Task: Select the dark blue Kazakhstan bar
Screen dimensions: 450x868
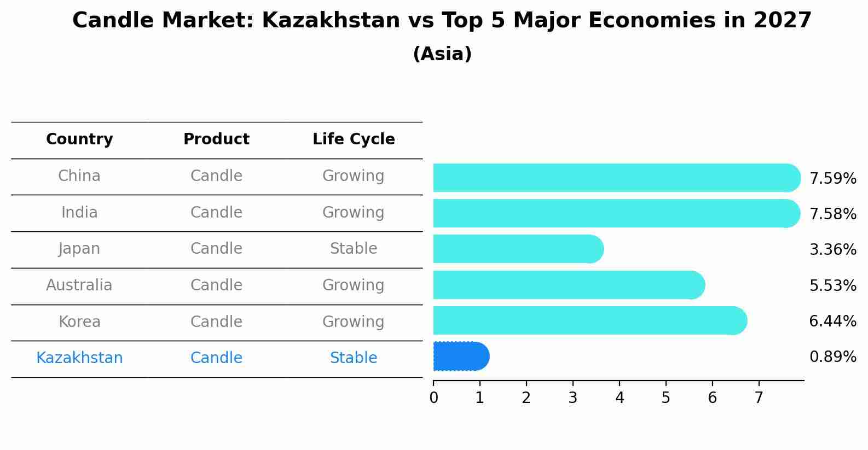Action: (x=460, y=357)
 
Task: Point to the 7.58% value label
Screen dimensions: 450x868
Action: (x=832, y=214)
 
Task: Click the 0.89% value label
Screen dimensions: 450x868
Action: (x=832, y=357)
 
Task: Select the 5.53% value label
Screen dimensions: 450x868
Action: (x=832, y=285)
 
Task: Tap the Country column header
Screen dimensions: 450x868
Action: (x=79, y=139)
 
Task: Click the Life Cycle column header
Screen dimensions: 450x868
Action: (x=354, y=139)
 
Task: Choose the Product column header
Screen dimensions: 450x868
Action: (x=216, y=139)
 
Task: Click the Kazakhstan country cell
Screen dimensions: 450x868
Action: (x=79, y=358)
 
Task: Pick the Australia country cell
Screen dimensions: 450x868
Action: (x=79, y=285)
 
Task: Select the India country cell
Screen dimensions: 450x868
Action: (x=79, y=213)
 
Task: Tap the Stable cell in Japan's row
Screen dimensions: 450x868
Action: (x=354, y=249)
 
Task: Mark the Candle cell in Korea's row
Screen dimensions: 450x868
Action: (x=216, y=322)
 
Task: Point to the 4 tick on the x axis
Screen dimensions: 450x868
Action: (x=620, y=398)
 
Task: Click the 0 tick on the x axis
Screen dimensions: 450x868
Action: (x=433, y=398)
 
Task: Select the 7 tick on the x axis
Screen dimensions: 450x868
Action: (x=759, y=398)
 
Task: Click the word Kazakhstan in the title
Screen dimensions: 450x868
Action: (x=331, y=21)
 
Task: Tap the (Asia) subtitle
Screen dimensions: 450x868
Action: (x=442, y=54)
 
